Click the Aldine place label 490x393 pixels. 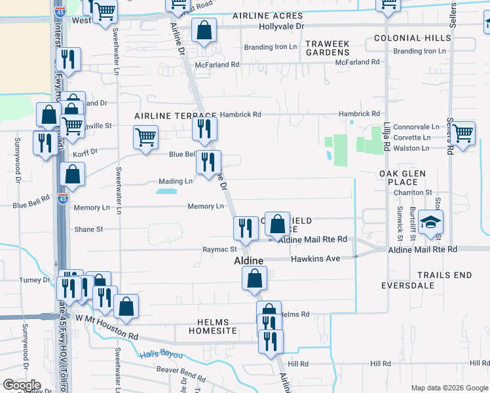pos(249,261)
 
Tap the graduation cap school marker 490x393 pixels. pos(432,223)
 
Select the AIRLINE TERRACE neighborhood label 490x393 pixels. pos(166,115)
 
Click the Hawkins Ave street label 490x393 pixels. pos(316,259)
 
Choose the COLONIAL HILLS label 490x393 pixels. pos(413,38)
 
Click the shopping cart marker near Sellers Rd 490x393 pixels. pos(463,133)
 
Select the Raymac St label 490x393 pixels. pos(219,250)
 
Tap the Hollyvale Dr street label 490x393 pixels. pos(282,26)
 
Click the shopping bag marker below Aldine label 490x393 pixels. pos(254,279)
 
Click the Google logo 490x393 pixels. pos(22,385)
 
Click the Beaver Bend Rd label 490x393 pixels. pos(181,371)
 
